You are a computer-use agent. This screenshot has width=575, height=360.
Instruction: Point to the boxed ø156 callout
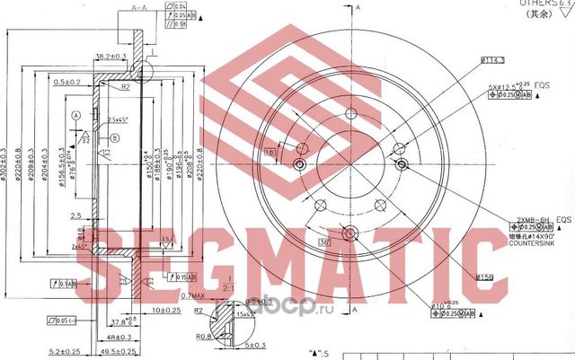[x=486, y=277]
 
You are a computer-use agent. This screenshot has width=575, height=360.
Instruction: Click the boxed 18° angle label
[x=271, y=153]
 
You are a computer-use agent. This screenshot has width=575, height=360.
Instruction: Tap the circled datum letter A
[x=76, y=116]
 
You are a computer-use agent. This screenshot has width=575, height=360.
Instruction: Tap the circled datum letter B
[x=116, y=136]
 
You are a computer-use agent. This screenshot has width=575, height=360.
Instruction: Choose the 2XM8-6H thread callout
[x=531, y=218]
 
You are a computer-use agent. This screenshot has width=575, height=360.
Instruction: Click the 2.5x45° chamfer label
[x=116, y=119]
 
